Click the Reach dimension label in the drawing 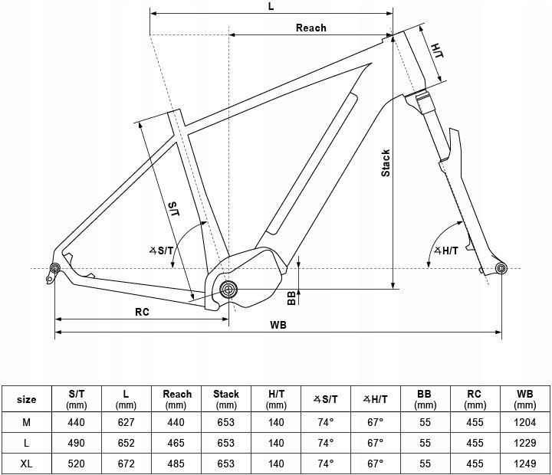point(310,28)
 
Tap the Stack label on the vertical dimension point(386,162)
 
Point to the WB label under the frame point(278,325)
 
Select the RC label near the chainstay point(142,312)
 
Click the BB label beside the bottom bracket point(291,296)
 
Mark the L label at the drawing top point(271,6)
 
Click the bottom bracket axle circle point(229,289)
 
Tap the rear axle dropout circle point(55,267)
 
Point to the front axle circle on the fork point(501,267)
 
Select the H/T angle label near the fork point(445,251)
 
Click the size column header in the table point(27,399)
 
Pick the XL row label point(27,464)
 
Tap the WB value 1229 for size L point(524,443)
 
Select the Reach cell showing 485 point(177,464)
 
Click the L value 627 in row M point(126,422)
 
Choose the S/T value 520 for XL point(75,464)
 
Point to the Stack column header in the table point(226,399)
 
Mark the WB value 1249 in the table point(524,464)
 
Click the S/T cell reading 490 point(75,443)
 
